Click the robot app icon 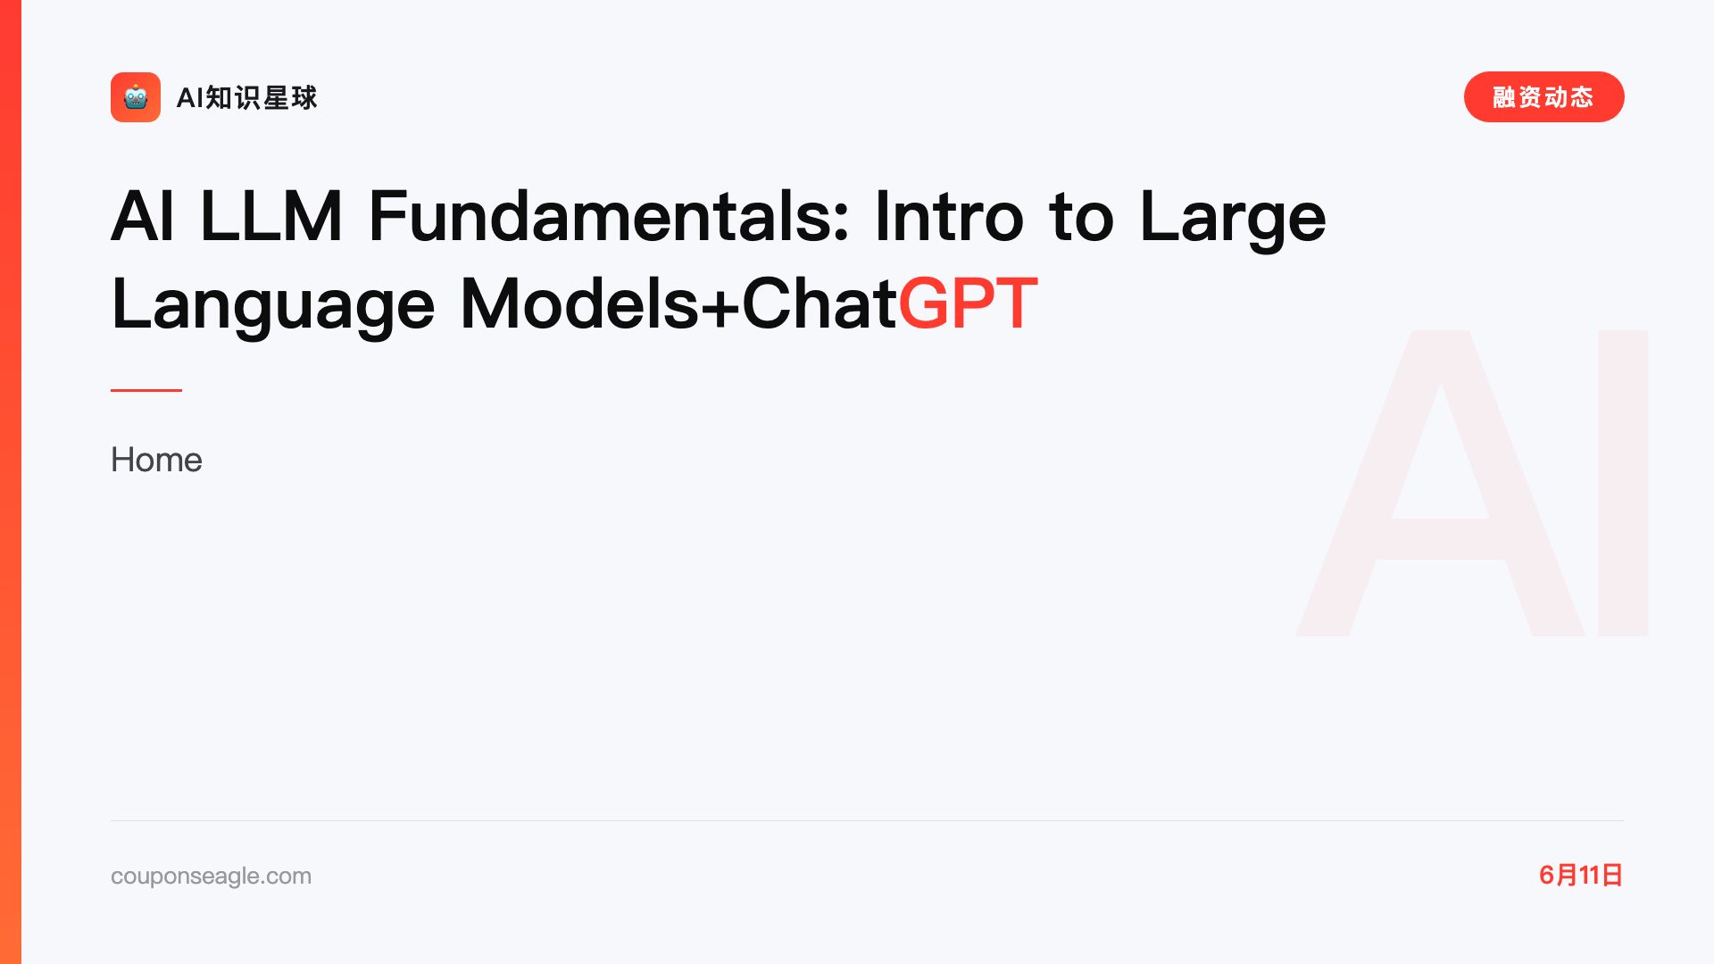(x=136, y=97)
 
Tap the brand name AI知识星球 (x=247, y=97)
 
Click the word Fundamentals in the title (x=609, y=216)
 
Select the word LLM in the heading (x=271, y=216)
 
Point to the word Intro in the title (x=950, y=216)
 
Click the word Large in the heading (x=1234, y=220)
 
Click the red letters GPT (x=969, y=303)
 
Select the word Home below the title (x=157, y=460)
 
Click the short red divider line (x=146, y=390)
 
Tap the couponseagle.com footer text (x=212, y=877)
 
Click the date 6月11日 (x=1581, y=875)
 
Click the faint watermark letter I (x=1623, y=483)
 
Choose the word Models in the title (x=580, y=303)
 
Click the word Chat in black (x=820, y=303)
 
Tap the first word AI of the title (x=143, y=216)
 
